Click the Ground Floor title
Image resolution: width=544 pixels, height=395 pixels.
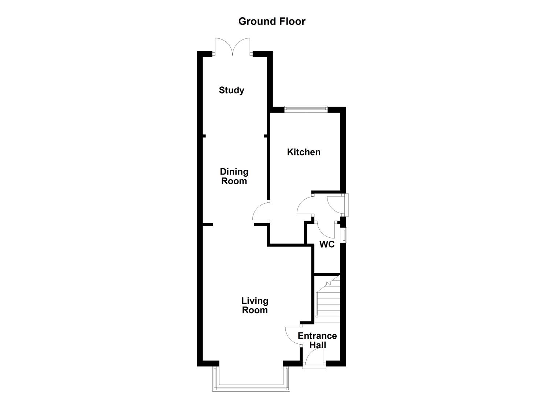272,21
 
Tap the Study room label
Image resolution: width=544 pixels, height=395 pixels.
232,90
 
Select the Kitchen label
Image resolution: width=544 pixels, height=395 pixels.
304,152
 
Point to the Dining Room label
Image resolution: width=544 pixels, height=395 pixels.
234,176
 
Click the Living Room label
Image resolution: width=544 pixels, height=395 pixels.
255,305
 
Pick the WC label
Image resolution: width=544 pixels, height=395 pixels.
327,245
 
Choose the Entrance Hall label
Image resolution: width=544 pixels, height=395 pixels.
317,341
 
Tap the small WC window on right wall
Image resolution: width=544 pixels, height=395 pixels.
344,235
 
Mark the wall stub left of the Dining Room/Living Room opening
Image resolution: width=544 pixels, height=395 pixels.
208,224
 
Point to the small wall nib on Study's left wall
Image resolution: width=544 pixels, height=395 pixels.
204,136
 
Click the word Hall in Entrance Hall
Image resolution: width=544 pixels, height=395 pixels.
318,345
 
